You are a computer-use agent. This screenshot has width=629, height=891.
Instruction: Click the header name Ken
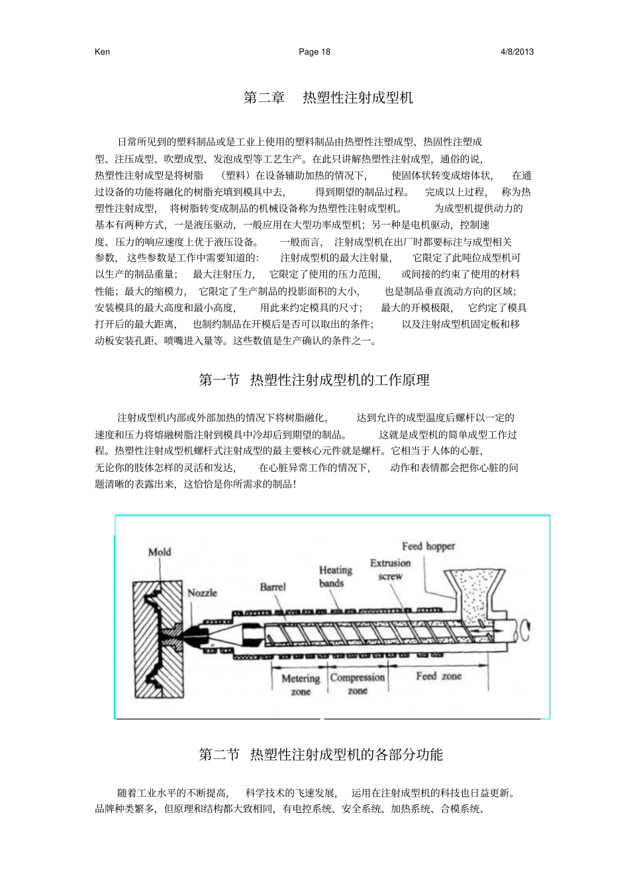(x=103, y=52)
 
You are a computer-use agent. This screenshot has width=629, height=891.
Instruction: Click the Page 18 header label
(x=314, y=52)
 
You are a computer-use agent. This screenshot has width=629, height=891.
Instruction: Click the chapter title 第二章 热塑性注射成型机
(x=328, y=98)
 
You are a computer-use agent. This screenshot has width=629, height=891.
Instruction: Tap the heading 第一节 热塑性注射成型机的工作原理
(x=314, y=380)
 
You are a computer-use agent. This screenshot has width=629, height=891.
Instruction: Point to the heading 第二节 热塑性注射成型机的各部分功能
(x=321, y=755)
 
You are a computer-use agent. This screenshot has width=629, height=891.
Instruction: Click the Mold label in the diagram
(x=160, y=552)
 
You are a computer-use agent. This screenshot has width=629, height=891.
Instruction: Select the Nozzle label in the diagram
(x=202, y=593)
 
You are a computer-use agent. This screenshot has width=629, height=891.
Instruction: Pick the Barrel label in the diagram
(x=272, y=587)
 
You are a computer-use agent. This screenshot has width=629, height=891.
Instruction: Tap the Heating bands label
(x=335, y=576)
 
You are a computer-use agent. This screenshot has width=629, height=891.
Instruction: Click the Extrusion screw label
(x=390, y=569)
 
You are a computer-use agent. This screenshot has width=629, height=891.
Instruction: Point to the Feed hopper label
(x=428, y=547)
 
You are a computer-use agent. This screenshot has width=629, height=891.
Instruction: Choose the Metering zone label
(x=301, y=684)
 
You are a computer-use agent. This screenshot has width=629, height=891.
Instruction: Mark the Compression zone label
(x=357, y=684)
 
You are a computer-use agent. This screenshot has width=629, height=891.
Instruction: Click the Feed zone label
(x=438, y=676)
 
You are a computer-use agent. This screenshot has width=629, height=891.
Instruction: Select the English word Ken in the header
(x=103, y=52)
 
